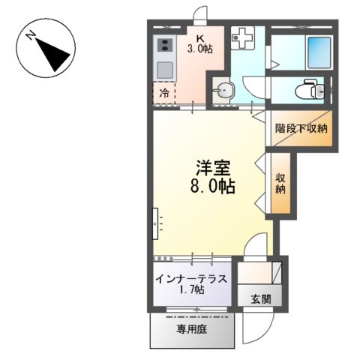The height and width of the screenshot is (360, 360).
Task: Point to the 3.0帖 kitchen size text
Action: (200, 50)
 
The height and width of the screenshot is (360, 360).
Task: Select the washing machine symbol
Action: (244, 38)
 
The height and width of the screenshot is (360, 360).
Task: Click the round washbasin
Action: (224, 92)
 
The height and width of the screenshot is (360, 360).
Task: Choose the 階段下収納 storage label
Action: (301, 128)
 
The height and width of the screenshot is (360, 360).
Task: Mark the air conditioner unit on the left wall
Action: (154, 220)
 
